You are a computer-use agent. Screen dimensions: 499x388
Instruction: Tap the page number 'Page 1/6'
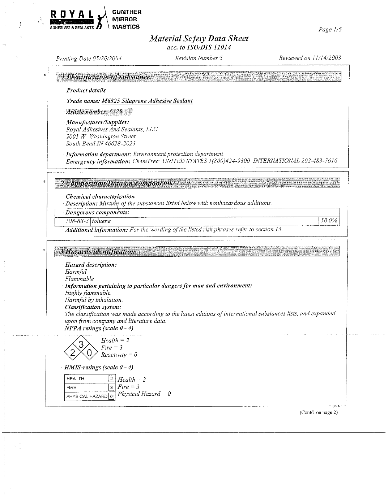pos(330,30)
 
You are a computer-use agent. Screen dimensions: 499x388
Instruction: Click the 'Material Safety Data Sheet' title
pos(199,39)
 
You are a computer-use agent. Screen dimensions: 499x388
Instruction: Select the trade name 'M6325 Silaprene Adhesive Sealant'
pos(147,101)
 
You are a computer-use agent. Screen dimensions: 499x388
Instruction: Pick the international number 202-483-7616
pos(319,161)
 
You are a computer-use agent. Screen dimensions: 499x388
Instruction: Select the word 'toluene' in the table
pos(101,221)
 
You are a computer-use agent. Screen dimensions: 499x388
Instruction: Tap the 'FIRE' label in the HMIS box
pos(72,387)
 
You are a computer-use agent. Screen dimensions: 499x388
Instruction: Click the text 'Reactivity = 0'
pos(119,355)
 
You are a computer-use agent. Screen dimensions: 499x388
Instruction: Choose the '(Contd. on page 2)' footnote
pos(318,413)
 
